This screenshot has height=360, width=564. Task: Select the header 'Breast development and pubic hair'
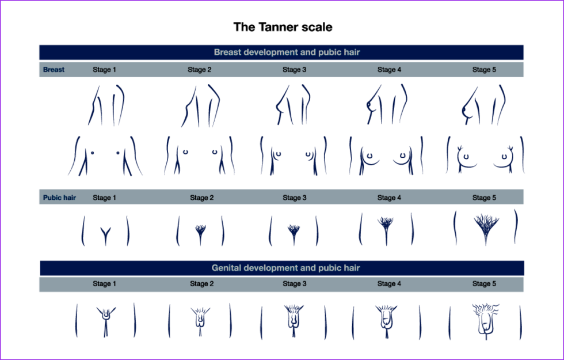287,52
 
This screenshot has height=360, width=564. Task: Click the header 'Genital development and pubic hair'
285,268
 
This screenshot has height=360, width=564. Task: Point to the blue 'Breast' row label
54,70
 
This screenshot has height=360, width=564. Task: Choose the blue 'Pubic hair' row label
59,197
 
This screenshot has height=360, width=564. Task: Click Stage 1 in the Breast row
104,70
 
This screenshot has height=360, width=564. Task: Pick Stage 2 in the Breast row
199,70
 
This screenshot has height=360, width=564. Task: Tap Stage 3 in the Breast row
294,70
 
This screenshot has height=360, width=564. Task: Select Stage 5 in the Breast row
484,70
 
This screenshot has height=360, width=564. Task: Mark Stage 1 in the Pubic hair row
104,197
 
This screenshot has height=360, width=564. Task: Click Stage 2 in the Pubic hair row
202,197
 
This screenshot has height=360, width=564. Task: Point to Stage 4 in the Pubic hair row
389,197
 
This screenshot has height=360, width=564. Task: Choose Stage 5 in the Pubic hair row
484,197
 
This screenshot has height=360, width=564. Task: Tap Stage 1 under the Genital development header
104,283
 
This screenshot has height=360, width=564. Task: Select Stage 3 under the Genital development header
294,283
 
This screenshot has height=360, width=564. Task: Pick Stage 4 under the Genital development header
389,283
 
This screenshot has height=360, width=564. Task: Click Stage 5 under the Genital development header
484,283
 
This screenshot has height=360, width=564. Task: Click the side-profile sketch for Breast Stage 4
387,104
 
